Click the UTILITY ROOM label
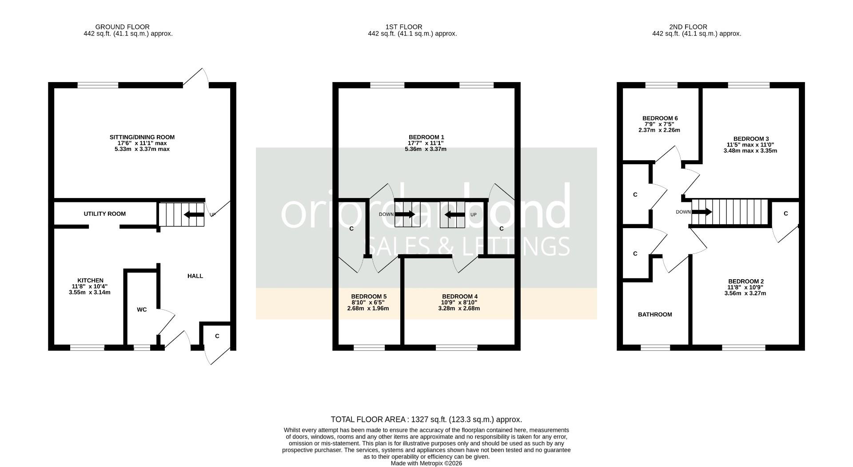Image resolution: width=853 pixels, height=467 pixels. [x=104, y=214]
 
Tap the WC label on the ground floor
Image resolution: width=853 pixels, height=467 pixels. [x=142, y=310]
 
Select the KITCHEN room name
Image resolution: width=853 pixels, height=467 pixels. [x=90, y=281]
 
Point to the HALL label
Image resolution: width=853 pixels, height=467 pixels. [x=195, y=276]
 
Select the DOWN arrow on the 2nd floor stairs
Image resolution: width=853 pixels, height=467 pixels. [x=702, y=212]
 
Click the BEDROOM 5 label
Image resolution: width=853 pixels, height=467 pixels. [x=369, y=297]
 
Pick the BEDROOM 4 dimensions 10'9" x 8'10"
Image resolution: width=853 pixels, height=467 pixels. [x=459, y=302]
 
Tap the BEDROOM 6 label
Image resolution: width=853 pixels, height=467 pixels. [x=660, y=118]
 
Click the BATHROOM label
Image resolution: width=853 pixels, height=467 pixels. [x=655, y=315]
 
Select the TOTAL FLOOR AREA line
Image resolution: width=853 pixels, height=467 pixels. [x=426, y=420]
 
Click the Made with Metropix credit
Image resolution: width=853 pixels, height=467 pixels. [x=426, y=463]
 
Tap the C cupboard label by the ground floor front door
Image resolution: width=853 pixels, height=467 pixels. [x=217, y=336]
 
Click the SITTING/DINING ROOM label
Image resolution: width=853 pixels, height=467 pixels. [x=142, y=137]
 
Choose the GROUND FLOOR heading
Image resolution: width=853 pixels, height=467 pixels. [x=122, y=27]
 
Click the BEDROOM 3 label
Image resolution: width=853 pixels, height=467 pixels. [x=750, y=139]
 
